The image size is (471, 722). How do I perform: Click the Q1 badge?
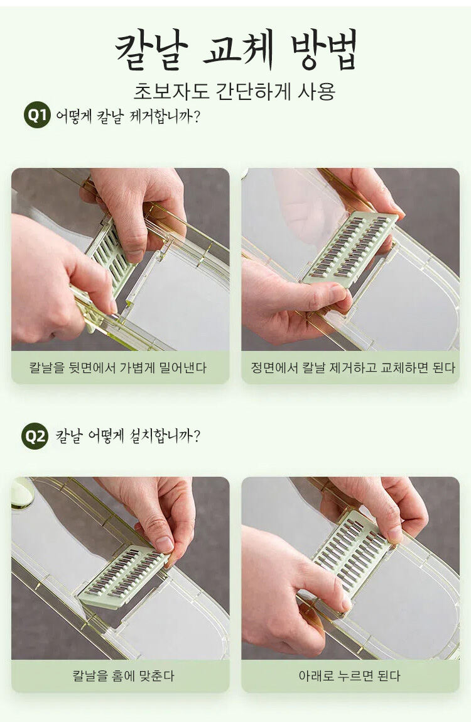point(37,114)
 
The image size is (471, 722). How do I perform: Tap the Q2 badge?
point(35,436)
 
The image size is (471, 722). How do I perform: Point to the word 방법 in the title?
point(324,49)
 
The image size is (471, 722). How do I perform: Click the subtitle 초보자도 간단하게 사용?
point(235,91)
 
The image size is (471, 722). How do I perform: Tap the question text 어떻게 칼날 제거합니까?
point(128,116)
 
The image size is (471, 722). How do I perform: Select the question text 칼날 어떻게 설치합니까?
point(128,436)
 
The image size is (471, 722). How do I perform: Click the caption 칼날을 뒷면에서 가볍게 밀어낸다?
point(118,367)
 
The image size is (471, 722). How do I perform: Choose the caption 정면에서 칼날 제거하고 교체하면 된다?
point(353,367)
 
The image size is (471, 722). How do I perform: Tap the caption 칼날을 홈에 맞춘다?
point(123,675)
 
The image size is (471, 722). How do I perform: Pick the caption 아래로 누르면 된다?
point(350,675)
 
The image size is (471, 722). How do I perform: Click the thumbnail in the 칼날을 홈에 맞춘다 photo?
point(164,545)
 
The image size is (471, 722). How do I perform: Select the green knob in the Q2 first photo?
point(21,492)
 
